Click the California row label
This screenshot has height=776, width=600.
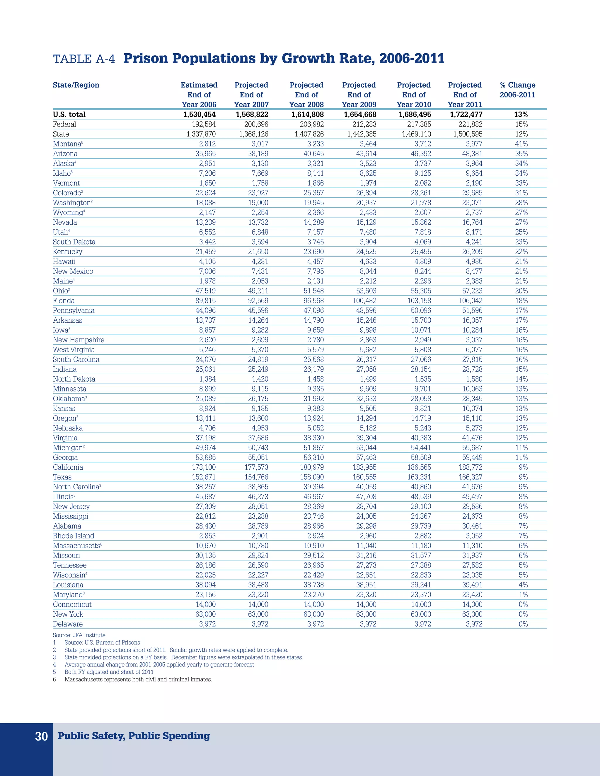point(68,467)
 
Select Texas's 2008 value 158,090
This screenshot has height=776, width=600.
point(312,477)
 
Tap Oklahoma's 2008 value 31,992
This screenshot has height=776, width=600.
point(313,399)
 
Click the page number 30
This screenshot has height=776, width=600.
point(41,736)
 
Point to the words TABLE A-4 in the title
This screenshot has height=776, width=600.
point(84,59)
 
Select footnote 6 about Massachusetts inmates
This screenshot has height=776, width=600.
point(138,679)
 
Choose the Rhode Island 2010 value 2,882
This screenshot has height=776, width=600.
point(423,536)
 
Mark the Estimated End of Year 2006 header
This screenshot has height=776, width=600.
point(199,95)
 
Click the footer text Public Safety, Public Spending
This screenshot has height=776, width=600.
point(134,736)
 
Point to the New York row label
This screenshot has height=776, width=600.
point(68,614)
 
